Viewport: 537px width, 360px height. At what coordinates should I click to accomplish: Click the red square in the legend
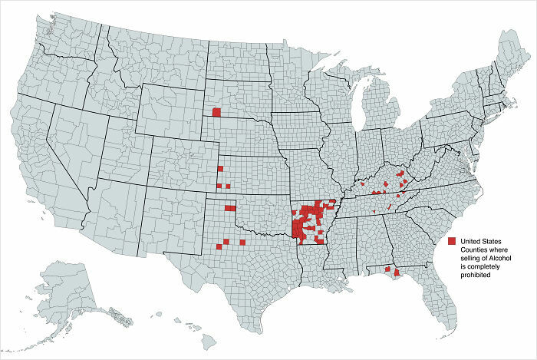452,240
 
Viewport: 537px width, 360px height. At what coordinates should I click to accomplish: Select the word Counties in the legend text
473,249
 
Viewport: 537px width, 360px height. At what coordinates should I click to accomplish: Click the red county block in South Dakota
216,112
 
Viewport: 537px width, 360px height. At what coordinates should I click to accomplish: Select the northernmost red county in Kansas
220,169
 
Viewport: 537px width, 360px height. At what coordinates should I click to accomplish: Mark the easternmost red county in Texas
242,242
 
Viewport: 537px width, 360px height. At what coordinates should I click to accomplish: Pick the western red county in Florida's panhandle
387,269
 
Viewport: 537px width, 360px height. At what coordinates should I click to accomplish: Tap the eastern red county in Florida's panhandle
397,272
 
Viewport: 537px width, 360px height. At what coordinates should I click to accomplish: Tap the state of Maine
509,58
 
